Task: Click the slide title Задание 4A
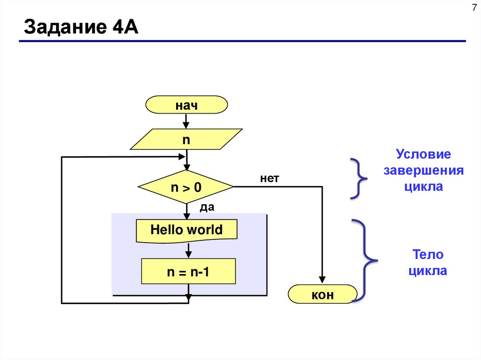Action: coord(81,28)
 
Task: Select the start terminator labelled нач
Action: coord(186,105)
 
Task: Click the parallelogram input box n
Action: coord(186,139)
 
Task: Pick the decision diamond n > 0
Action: coord(186,187)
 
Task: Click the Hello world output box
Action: coord(186,230)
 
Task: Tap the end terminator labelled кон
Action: coord(322,295)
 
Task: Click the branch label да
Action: coord(207,207)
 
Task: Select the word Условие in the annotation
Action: coord(423,154)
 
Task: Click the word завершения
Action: coord(423,170)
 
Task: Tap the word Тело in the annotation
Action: coord(427,255)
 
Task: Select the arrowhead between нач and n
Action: coord(186,125)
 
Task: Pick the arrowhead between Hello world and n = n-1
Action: coord(188,254)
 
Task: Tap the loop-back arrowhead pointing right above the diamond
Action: coord(181,157)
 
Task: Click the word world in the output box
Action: coord(204,230)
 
